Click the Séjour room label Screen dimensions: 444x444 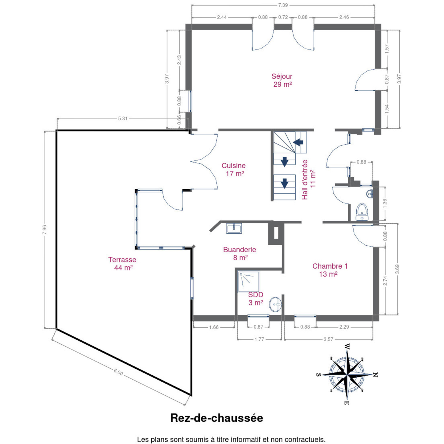(282, 80)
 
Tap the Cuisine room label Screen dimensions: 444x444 (234, 169)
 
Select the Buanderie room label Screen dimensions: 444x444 (240, 253)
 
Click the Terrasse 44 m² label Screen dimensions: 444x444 (122, 264)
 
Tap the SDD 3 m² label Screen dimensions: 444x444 (256, 298)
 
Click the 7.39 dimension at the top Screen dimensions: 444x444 (283, 5)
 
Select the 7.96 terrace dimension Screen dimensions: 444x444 (44, 230)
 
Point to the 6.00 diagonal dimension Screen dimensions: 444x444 (118, 372)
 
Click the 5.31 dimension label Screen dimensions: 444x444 (123, 119)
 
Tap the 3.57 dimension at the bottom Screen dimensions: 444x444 (328, 339)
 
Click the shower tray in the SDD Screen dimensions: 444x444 (249, 282)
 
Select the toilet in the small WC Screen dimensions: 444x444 (362, 212)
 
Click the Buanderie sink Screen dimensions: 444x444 (234, 228)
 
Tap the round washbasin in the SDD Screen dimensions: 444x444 (275, 304)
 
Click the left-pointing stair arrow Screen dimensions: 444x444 (298, 142)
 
